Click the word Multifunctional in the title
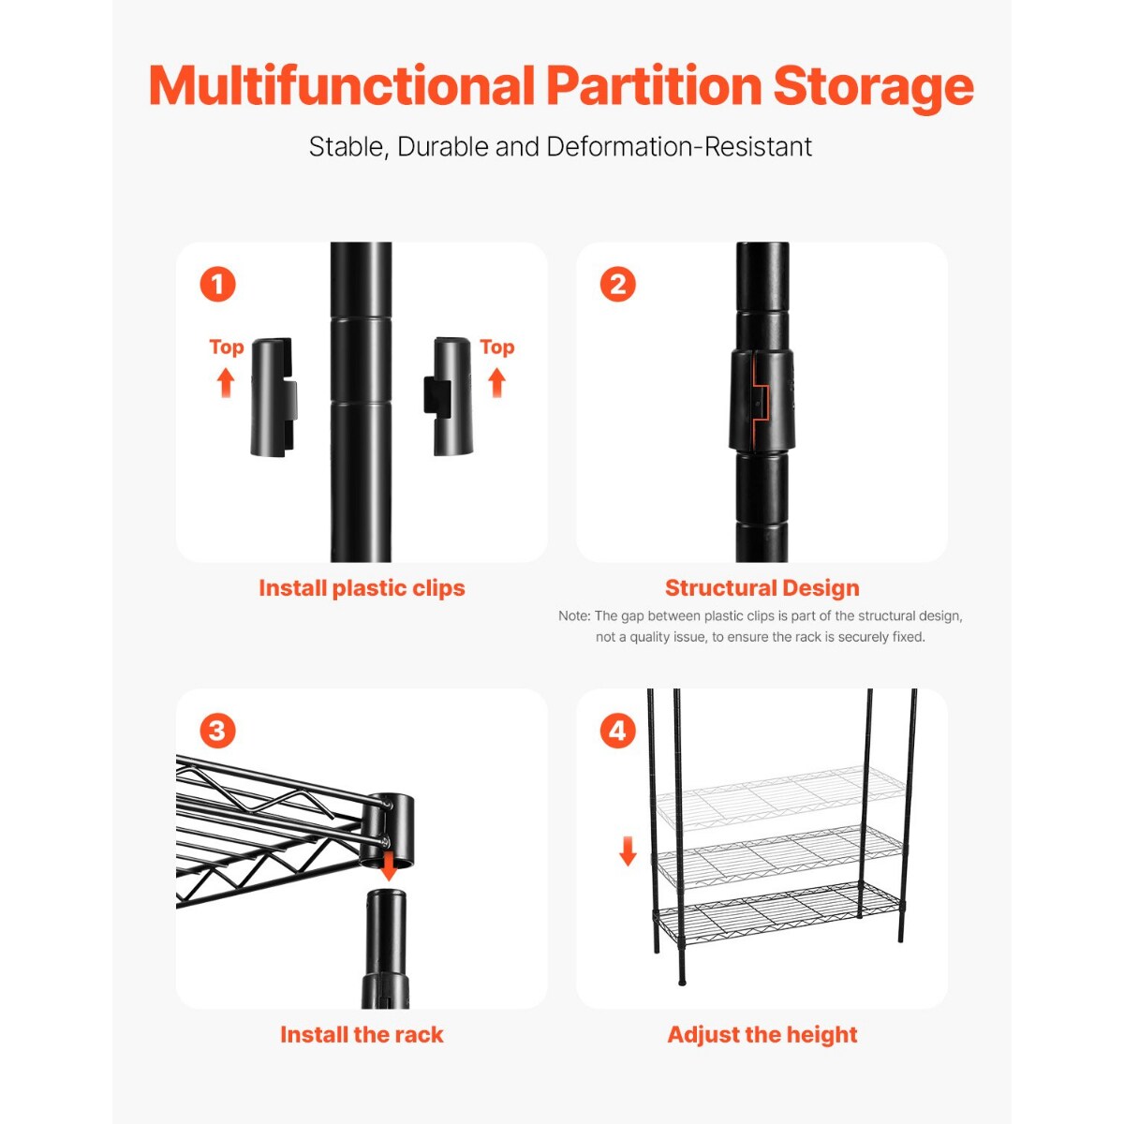click(x=342, y=86)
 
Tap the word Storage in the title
click(x=873, y=86)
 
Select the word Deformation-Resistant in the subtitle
click(x=679, y=147)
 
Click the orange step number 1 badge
click(x=217, y=284)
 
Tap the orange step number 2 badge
click(x=617, y=284)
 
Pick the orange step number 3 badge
click(x=217, y=731)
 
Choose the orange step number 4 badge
click(x=617, y=731)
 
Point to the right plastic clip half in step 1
click(x=451, y=397)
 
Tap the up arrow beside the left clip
click(x=226, y=382)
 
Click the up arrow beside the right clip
click(x=496, y=382)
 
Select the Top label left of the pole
click(x=226, y=348)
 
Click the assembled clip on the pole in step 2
click(x=762, y=400)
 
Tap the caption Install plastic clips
click(x=362, y=588)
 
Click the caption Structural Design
click(x=762, y=588)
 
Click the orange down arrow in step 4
click(x=628, y=850)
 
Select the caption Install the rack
click(x=362, y=1035)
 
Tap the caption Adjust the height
click(x=762, y=1035)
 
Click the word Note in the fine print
click(x=573, y=616)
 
